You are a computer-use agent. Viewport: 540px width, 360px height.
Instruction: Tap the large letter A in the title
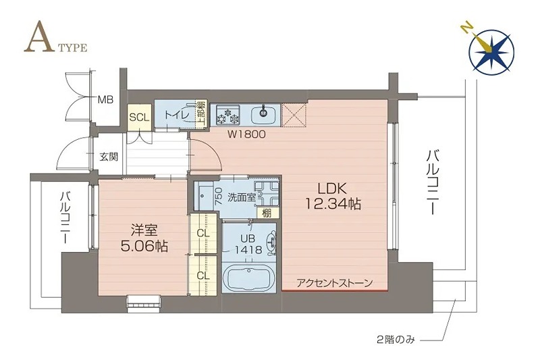coord(38,41)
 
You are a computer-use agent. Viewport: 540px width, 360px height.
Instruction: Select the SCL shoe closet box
coord(139,117)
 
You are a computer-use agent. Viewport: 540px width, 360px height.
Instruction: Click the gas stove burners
coord(227,115)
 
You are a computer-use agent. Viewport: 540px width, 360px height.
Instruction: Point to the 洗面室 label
coord(241,197)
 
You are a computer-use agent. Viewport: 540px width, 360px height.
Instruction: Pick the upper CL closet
coord(202,234)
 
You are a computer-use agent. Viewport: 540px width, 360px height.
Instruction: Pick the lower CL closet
coord(202,275)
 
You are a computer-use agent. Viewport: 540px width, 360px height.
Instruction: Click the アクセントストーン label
coord(334,283)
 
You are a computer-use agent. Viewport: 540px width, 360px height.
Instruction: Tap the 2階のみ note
coord(396,340)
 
